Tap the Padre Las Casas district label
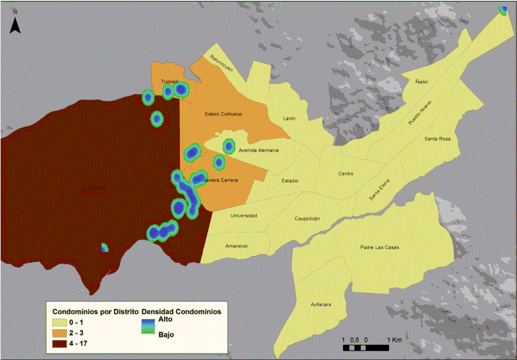379,247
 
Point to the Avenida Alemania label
258,150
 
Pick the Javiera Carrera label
220,180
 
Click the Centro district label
346,174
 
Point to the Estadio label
290,180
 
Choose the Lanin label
289,119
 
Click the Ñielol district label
421,82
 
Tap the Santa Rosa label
437,139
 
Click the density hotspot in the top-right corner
503,10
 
